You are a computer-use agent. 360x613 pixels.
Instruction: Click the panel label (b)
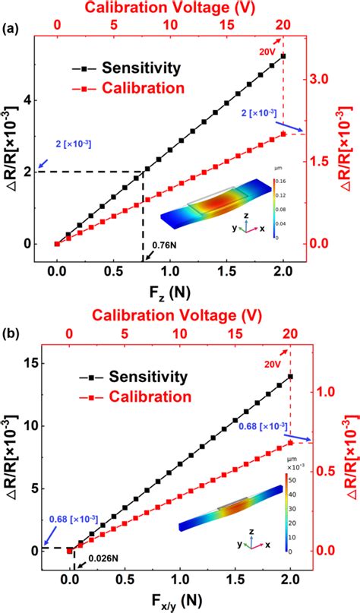click(x=11, y=333)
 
